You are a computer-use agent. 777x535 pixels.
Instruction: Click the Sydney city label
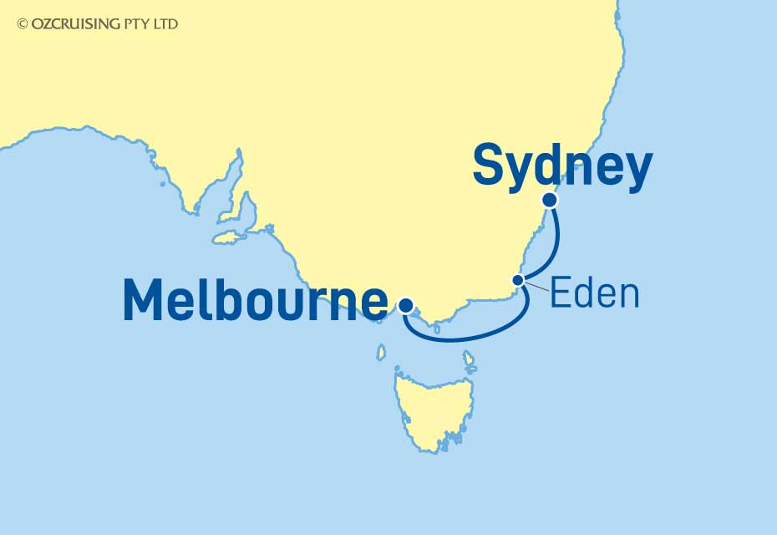[x=562, y=168]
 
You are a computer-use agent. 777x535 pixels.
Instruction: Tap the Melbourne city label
[x=255, y=300]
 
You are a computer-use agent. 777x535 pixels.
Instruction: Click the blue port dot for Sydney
[x=549, y=200]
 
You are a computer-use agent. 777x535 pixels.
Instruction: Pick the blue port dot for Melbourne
[x=405, y=304]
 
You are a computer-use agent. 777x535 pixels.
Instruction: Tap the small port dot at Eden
[x=518, y=280]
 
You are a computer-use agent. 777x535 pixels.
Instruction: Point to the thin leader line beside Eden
[x=536, y=286]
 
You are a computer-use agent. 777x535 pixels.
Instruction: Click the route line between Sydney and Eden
[x=556, y=242]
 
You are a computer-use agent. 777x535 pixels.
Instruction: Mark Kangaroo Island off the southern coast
[x=226, y=239]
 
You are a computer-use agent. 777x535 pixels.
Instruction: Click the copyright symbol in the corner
[x=22, y=25]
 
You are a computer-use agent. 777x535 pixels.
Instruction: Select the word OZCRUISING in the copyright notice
[x=75, y=25]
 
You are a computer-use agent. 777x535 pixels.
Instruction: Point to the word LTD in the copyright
[x=166, y=25]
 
